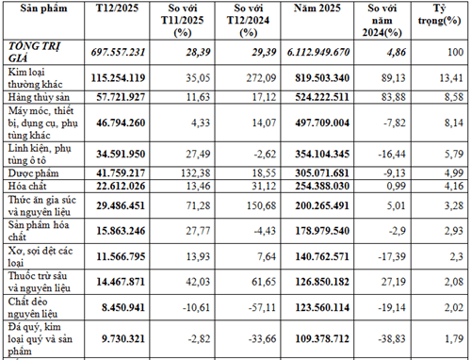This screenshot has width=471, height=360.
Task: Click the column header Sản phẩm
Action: pyautogui.click(x=43, y=8)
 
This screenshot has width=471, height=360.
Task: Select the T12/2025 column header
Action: pyautogui.click(x=117, y=8)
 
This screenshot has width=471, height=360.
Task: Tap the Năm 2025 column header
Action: pyautogui.click(x=317, y=8)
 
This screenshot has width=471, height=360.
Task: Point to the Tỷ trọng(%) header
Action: pyautogui.click(x=439, y=14)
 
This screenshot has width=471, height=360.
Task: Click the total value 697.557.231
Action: pyautogui.click(x=118, y=52)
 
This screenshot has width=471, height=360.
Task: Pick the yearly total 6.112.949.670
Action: pyautogui.click(x=318, y=52)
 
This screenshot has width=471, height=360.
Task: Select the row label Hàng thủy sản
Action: pyautogui.click(x=39, y=97)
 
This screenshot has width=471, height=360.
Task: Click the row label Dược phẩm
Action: pyautogui.click(x=33, y=173)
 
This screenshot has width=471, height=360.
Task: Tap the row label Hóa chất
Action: pyautogui.click(x=27, y=186)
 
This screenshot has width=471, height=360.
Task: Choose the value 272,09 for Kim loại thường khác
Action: pyautogui.click(x=261, y=78)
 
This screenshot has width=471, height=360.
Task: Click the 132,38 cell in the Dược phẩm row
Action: pyautogui.click(x=195, y=173)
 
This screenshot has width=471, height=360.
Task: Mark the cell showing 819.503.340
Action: pyautogui.click(x=322, y=78)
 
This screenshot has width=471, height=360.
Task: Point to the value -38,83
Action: pyautogui.click(x=392, y=338)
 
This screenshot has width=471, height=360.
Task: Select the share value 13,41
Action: pyautogui.click(x=451, y=78)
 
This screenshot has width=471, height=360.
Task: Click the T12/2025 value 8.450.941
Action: pyautogui.click(x=123, y=307)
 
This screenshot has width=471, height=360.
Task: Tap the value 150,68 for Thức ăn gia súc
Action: pyautogui.click(x=261, y=205)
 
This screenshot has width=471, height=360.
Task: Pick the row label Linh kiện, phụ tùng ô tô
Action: pyautogui.click(x=40, y=155)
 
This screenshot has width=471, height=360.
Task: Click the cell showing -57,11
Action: pyautogui.click(x=262, y=307)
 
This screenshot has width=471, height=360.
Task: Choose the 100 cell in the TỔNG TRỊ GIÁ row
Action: pyautogui.click(x=455, y=52)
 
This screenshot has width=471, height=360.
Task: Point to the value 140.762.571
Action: pyautogui.click(x=322, y=256)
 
